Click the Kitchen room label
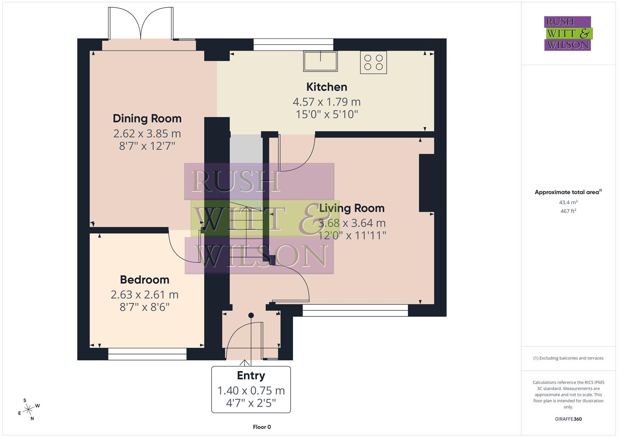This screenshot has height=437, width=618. [327, 87]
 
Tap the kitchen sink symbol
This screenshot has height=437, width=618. [321, 62]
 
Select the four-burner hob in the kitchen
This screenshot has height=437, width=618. [373, 62]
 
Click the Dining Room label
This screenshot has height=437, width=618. [147, 119]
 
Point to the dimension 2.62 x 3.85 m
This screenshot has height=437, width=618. [147, 134]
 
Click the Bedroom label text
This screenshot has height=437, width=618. [144, 280]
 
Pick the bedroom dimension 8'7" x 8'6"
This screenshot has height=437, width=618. [144, 307]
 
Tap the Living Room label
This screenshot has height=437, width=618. [352, 208]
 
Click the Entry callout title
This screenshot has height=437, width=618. [251, 375]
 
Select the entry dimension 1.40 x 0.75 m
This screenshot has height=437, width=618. [251, 390]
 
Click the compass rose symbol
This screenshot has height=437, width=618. [28, 409]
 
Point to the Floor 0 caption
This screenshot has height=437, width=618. [261, 427]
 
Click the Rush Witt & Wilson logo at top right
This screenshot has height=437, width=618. [568, 33]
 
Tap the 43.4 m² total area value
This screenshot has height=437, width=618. [568, 202]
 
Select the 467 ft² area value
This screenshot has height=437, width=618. [568, 211]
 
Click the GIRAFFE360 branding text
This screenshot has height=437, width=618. [568, 419]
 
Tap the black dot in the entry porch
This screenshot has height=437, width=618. [251, 315]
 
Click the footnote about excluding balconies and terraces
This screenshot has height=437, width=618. [568, 358]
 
